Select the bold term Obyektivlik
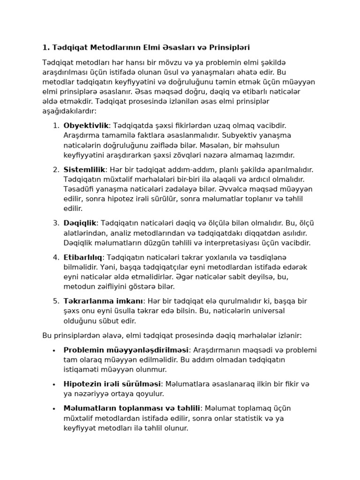86,126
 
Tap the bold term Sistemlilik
84,170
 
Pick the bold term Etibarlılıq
83,257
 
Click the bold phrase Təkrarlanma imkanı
103,301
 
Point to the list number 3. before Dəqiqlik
56,223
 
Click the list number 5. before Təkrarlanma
56,301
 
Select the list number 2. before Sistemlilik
56,170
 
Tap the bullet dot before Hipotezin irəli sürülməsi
54,384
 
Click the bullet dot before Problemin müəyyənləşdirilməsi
54,351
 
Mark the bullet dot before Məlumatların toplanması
54,409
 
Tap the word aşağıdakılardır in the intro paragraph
69,111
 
